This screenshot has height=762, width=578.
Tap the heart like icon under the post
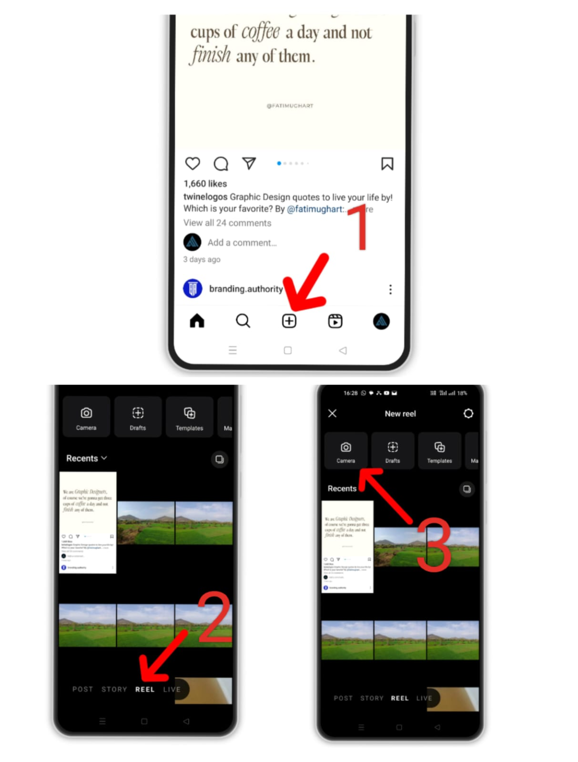click(x=193, y=163)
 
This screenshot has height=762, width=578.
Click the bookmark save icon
click(x=387, y=164)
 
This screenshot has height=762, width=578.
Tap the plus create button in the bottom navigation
click(x=289, y=321)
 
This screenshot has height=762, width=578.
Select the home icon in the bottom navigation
click(x=197, y=321)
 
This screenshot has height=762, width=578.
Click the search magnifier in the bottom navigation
click(x=243, y=321)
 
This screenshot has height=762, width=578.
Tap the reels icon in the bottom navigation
click(x=335, y=321)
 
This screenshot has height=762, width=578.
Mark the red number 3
click(x=434, y=545)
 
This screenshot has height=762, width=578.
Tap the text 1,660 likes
click(x=205, y=184)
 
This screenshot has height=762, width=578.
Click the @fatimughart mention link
click(x=315, y=209)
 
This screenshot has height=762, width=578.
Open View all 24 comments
click(x=227, y=223)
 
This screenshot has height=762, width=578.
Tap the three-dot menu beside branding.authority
click(x=390, y=289)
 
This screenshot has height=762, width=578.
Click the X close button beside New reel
click(x=332, y=413)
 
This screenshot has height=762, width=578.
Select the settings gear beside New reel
click(x=468, y=413)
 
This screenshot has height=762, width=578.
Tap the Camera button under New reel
click(x=346, y=451)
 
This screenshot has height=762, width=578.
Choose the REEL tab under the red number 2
click(x=144, y=689)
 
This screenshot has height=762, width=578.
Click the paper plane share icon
click(x=249, y=163)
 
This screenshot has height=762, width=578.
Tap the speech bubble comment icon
click(x=221, y=164)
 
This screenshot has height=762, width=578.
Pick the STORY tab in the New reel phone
click(x=371, y=698)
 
